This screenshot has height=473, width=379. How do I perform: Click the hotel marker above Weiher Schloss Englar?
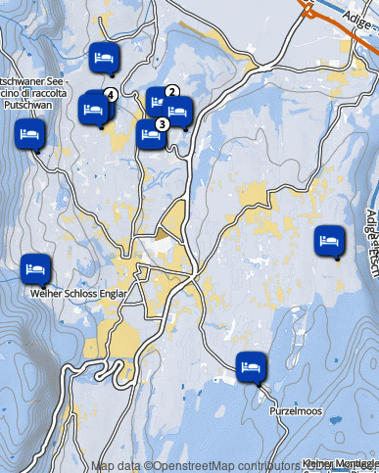point(35,267)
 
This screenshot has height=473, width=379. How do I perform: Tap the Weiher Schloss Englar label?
point(73,292)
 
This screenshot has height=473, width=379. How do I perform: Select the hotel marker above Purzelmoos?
point(251,365)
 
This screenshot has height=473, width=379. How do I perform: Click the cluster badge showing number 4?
point(110,94)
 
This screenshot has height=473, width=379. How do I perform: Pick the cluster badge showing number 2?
point(171,92)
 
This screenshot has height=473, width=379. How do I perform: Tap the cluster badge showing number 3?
point(161,123)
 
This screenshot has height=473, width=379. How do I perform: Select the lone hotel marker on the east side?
point(329,240)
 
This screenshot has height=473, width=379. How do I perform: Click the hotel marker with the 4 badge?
point(95,108)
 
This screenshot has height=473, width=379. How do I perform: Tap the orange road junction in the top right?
point(310,10)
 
